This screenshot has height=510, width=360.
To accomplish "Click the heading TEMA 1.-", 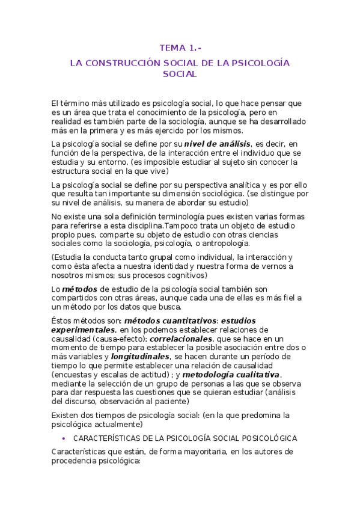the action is (180, 48).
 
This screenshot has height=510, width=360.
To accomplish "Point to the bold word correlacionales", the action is (178, 339).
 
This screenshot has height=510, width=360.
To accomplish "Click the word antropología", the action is (230, 244).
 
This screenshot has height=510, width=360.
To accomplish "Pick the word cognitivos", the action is (183, 275).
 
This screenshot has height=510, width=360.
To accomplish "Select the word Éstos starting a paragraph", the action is (63, 321).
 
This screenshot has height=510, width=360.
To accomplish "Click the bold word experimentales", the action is (83, 330).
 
